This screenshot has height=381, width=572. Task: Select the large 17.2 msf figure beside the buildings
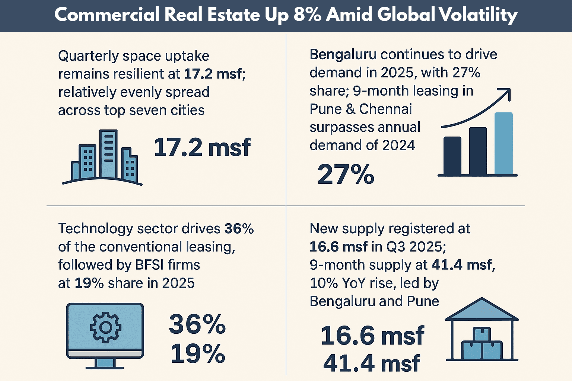tap(202, 147)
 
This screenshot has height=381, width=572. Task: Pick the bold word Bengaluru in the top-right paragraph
tap(343, 55)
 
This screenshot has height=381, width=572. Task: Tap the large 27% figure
tap(346, 174)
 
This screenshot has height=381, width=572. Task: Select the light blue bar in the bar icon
tap(503, 144)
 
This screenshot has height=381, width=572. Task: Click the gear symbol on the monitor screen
tap(105, 327)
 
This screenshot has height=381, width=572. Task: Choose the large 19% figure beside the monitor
tap(198, 353)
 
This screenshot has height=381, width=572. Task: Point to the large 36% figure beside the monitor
tap(197, 324)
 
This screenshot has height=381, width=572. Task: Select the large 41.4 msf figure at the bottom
tap(372, 364)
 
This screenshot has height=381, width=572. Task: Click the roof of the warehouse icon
tap(482, 310)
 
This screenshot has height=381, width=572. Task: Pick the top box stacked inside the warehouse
tap(482, 334)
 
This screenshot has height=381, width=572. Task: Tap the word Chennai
tap(385, 109)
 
